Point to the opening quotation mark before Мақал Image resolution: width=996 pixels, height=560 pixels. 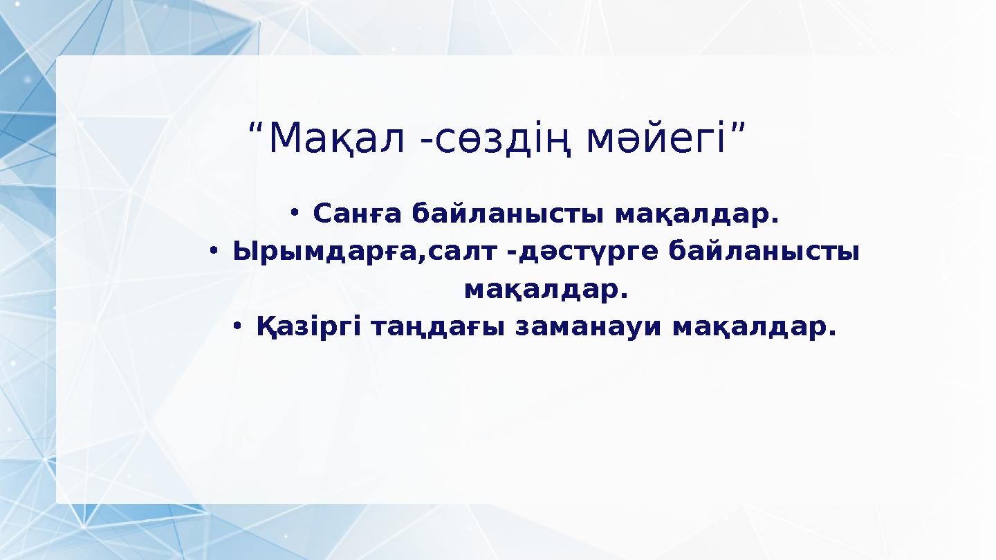point(255,129)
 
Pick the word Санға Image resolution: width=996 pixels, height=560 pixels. point(356,214)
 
